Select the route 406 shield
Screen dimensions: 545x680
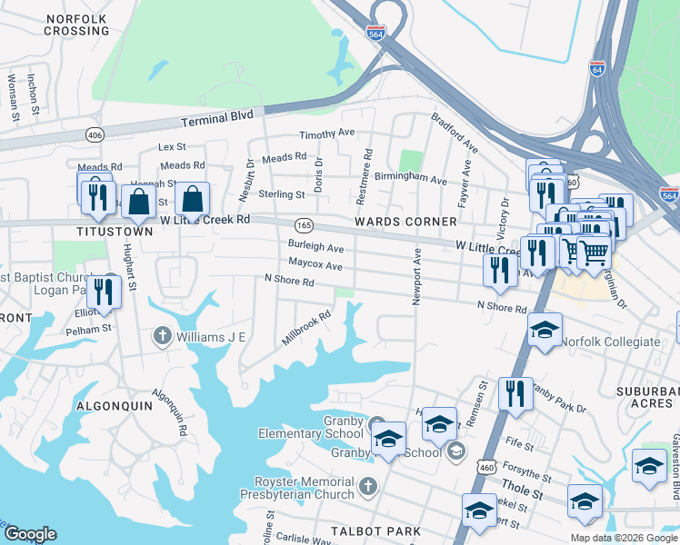tap(95, 134)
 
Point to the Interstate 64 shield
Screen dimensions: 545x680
tap(597, 69)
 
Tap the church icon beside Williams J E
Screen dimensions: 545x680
tap(163, 337)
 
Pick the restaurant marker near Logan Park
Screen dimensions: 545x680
tap(107, 291)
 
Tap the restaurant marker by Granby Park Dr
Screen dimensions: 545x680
tap(515, 393)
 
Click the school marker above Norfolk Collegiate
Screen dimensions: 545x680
tap(545, 329)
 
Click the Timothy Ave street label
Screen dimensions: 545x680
tap(327, 133)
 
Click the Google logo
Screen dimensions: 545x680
tap(30, 534)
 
